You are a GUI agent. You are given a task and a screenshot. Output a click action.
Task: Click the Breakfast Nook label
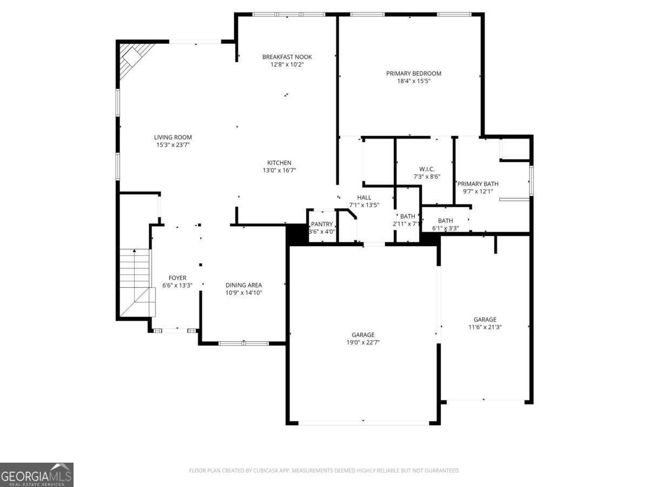287,57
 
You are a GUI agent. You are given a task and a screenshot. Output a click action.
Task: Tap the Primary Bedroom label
413,74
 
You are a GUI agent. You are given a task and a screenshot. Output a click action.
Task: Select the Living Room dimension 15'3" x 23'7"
172,145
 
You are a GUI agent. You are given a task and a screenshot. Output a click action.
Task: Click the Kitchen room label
279,163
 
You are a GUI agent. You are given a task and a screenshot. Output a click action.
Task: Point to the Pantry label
322,224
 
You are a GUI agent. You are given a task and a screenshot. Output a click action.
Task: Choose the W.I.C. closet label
427,169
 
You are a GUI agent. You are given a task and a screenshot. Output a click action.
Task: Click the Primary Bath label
478,184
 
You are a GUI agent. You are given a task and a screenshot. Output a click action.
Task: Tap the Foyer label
177,278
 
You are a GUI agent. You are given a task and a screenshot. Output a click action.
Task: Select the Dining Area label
243,285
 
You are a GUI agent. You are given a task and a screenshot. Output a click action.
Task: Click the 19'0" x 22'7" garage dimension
362,343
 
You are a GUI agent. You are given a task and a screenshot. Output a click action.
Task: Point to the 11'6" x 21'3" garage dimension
485,327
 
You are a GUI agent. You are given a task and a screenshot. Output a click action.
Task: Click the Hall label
364,198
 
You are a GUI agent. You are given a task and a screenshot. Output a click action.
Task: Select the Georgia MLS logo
36,475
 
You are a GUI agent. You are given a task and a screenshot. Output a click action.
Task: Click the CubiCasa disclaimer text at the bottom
324,471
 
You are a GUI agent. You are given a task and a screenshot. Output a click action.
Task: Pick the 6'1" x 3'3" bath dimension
445,228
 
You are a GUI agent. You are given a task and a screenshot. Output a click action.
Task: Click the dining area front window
243,343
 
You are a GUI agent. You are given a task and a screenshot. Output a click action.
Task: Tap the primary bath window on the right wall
532,180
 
